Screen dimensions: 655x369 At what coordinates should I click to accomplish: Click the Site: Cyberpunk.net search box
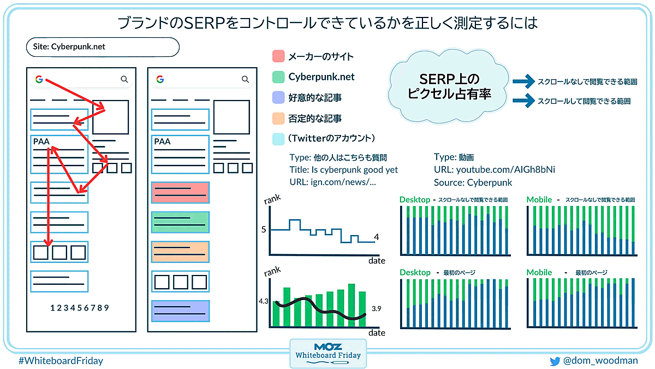coord(103,47)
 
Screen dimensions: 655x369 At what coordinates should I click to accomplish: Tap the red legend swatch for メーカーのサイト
coord(278,56)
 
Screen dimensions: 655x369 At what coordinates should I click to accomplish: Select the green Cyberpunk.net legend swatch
coord(278,77)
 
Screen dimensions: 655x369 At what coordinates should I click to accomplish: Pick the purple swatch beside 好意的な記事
coord(278,97)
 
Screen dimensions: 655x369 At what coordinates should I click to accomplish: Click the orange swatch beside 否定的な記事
coord(278,118)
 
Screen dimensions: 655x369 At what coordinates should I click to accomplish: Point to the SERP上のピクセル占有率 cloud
coord(449,86)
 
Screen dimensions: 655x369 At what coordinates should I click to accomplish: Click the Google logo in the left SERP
coord(39,79)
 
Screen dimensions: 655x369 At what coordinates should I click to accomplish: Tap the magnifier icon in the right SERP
coord(245,79)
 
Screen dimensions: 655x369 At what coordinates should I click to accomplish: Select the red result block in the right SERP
coord(181,192)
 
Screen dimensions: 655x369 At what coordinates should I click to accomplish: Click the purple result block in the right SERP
coord(181,311)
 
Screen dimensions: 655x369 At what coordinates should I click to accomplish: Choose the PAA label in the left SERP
coord(41,142)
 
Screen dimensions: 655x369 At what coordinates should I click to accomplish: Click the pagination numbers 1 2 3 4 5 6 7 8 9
coord(80,308)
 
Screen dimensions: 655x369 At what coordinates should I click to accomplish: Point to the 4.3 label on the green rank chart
coord(263,301)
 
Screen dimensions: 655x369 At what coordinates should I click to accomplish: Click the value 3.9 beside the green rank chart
coord(376,309)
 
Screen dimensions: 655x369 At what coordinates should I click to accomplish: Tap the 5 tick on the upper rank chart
coord(264,229)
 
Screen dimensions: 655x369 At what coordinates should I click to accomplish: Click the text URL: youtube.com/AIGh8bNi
coord(494,169)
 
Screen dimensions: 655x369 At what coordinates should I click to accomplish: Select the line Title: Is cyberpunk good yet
coord(343,170)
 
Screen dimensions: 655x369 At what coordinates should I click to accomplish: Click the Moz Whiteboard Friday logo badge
coord(328,354)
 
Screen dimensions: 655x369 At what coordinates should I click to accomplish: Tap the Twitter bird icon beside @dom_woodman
coord(555,361)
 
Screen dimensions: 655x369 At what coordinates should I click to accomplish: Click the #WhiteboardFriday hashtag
coord(61,360)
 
